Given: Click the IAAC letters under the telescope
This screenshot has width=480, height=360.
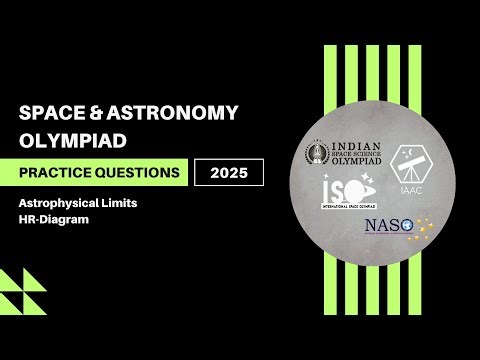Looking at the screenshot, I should [410, 185].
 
